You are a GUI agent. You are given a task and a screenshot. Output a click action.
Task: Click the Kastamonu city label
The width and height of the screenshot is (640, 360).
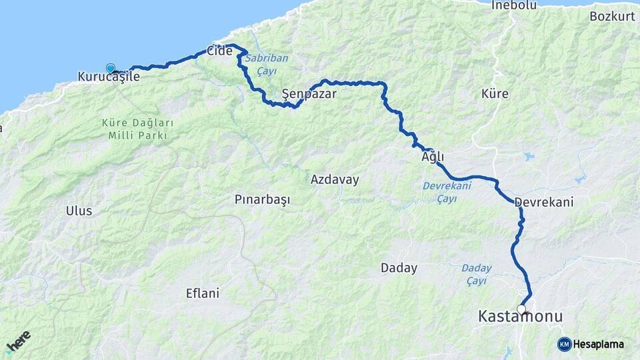(x=521, y=317)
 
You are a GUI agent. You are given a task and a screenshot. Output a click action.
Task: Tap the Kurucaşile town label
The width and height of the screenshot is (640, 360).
(x=109, y=77)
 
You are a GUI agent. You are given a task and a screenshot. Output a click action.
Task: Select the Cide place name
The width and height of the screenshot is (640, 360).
(x=220, y=51)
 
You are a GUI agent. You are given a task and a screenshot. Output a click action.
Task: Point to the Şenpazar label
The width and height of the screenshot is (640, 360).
(x=309, y=94)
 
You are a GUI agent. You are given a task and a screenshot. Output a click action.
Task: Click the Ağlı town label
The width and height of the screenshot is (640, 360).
(x=433, y=157)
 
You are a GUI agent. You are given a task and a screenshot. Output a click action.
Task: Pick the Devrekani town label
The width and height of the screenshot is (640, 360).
(x=544, y=201)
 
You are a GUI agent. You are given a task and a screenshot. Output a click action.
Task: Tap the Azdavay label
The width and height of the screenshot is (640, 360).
(x=335, y=179)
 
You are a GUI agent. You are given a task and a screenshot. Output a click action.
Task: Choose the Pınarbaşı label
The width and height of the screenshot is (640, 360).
(x=263, y=200)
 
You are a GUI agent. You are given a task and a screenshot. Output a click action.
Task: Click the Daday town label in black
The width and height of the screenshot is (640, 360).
(x=399, y=268)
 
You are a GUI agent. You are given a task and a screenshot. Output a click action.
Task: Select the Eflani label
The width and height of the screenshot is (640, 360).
(x=203, y=293)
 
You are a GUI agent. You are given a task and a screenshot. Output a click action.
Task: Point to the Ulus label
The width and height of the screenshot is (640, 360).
(x=79, y=211)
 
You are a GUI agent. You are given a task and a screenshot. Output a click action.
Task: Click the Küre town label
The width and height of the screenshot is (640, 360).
(x=495, y=94)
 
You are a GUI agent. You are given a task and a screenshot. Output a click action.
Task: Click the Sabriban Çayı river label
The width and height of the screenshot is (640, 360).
(x=266, y=63)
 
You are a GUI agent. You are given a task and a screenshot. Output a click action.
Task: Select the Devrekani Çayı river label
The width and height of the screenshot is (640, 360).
(x=447, y=191)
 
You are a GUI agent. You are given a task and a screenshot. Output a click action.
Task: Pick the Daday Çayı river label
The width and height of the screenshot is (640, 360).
(x=477, y=274)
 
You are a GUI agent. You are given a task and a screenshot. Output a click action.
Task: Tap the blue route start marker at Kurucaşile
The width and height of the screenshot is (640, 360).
(x=111, y=68)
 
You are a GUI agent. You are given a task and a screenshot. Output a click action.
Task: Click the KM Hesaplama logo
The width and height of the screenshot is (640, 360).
(x=591, y=344)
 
